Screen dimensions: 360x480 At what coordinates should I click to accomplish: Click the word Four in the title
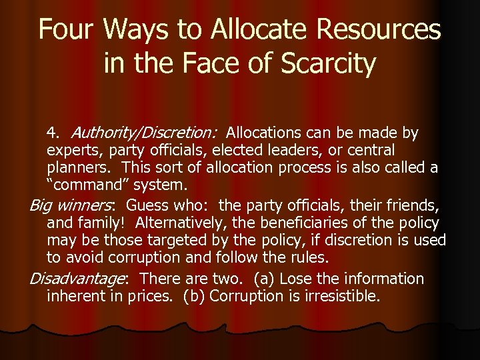point(67,30)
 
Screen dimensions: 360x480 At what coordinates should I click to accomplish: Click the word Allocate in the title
point(241,30)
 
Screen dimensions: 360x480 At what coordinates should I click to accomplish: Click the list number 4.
point(53,133)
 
